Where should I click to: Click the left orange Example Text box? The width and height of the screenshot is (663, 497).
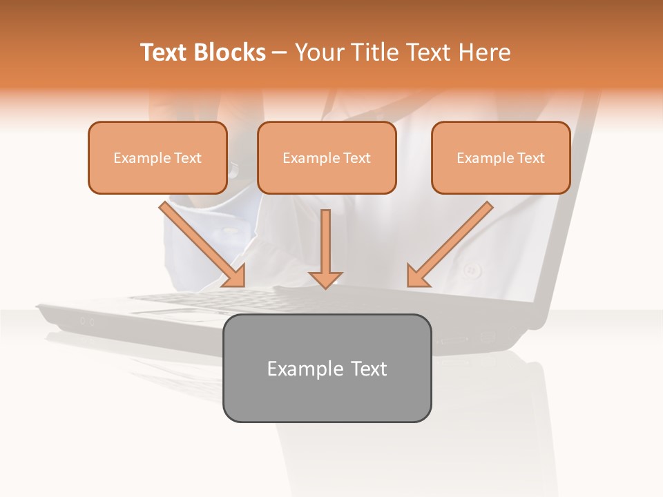point(157,157)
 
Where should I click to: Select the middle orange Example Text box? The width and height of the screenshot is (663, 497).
point(327,157)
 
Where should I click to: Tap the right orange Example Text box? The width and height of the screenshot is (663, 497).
point(501,157)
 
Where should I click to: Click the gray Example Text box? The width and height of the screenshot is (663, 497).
point(327,368)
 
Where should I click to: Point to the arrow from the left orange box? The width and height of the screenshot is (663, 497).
point(200,242)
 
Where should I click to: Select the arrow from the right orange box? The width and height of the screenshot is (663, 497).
point(452,242)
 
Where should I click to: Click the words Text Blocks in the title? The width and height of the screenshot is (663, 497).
point(202,52)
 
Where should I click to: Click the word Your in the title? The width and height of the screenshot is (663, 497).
point(318,52)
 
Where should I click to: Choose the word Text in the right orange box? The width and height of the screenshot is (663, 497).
point(530,158)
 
